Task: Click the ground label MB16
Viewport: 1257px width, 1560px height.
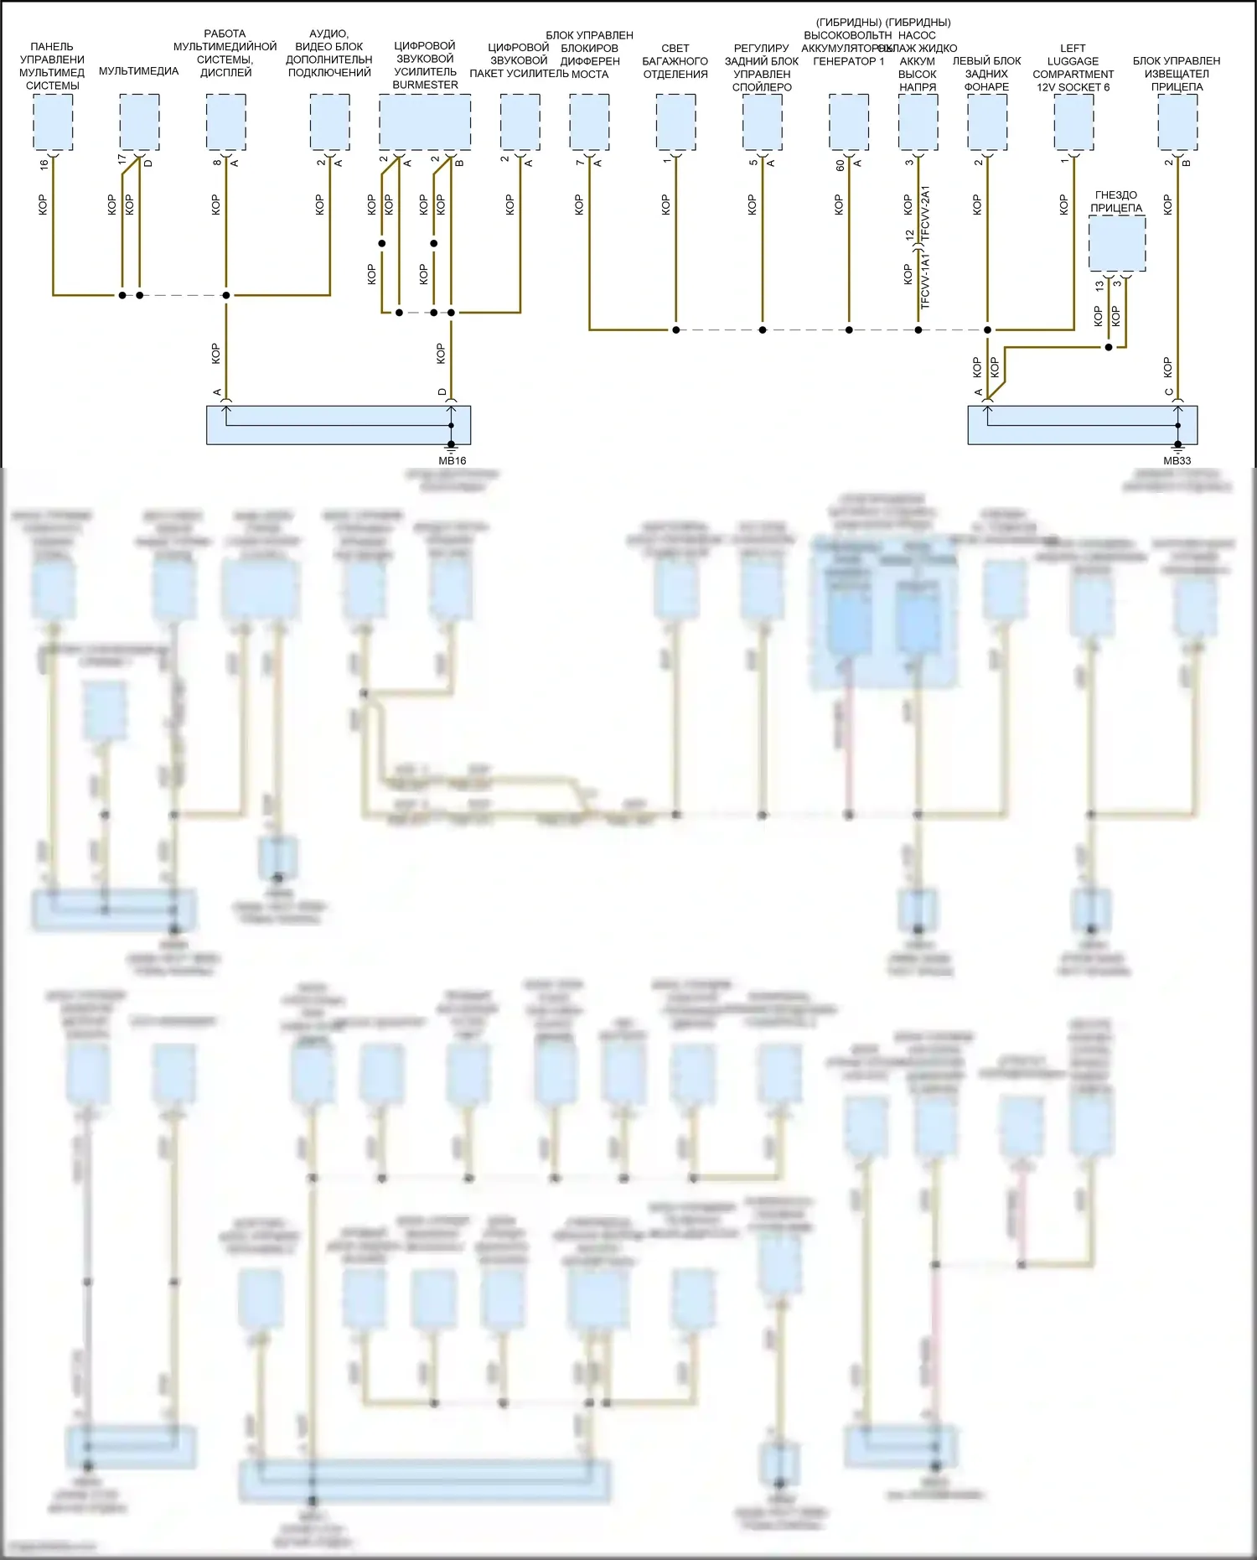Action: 453,460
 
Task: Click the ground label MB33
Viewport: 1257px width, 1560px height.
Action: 1177,460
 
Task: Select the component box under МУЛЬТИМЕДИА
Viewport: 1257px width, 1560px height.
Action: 139,122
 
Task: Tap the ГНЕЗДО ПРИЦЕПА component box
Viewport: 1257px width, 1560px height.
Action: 1117,243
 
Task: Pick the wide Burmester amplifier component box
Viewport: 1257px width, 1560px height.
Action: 425,122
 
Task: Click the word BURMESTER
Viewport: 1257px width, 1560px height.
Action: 425,85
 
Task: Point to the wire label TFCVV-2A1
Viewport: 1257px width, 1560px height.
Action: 925,214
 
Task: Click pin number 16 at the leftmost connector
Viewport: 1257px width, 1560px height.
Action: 44,165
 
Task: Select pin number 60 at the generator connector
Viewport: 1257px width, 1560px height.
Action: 841,165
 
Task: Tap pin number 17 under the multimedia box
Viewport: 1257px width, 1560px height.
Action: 122,158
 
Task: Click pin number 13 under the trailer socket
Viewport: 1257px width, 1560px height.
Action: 1099,285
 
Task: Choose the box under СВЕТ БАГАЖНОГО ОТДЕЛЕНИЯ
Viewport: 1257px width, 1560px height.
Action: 675,122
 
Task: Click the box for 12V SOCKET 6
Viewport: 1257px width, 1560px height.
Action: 1073,122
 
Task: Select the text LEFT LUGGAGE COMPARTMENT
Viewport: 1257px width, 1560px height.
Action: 1073,61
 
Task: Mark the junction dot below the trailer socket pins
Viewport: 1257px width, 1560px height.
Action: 1108,347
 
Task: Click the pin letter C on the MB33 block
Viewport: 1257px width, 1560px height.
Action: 1169,391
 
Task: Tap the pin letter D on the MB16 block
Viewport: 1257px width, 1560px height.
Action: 442,391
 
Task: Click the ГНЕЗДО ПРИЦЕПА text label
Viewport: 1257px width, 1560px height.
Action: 1116,201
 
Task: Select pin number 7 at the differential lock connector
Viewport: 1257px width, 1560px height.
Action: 580,162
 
